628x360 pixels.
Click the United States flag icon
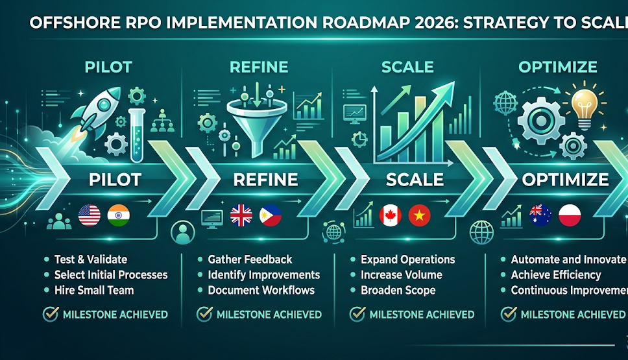pyautogui.click(x=90, y=215)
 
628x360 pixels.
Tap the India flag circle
pyautogui.click(x=119, y=215)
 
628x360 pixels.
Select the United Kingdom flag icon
pyautogui.click(x=241, y=215)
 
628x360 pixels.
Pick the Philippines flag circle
pyautogui.click(x=271, y=215)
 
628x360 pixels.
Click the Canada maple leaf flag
pyautogui.click(x=390, y=215)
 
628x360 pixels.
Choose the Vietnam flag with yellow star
pyautogui.click(x=419, y=215)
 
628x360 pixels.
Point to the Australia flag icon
pyautogui.click(x=540, y=215)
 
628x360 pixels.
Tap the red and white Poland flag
pyautogui.click(x=570, y=215)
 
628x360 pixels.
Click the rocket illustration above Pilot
pyautogui.click(x=96, y=114)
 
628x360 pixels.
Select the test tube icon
pyautogui.click(x=137, y=135)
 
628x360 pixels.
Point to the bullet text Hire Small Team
pyautogui.click(x=94, y=291)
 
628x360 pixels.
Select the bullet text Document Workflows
pyautogui.click(x=261, y=291)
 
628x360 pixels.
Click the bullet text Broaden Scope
pyautogui.click(x=398, y=291)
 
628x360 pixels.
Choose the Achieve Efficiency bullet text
pyautogui.click(x=556, y=275)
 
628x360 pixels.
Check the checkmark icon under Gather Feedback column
pyautogui.click(x=204, y=315)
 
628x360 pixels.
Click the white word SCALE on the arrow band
pyautogui.click(x=415, y=180)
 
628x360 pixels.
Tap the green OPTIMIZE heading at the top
pyautogui.click(x=558, y=67)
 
